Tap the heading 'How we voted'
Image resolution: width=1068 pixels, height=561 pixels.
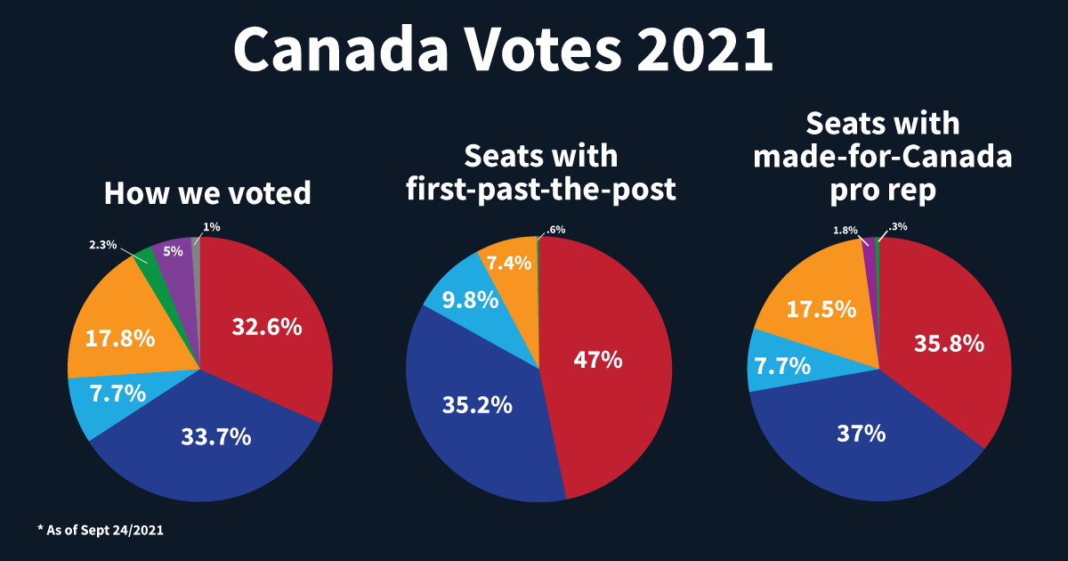[207, 193]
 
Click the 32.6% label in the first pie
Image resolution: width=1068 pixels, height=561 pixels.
[266, 327]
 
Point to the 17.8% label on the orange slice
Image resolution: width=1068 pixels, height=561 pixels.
[120, 338]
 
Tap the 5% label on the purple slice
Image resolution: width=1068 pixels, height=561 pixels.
[173, 252]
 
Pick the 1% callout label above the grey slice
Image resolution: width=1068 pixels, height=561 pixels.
[212, 228]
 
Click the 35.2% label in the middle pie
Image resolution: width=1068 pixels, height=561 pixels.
[477, 405]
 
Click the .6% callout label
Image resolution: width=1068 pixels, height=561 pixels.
[555, 230]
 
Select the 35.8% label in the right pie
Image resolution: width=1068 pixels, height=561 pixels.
[949, 344]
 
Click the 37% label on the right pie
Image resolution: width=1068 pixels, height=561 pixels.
[861, 434]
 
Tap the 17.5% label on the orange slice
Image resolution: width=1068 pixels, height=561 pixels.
[821, 309]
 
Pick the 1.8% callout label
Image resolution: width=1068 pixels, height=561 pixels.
[845, 231]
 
